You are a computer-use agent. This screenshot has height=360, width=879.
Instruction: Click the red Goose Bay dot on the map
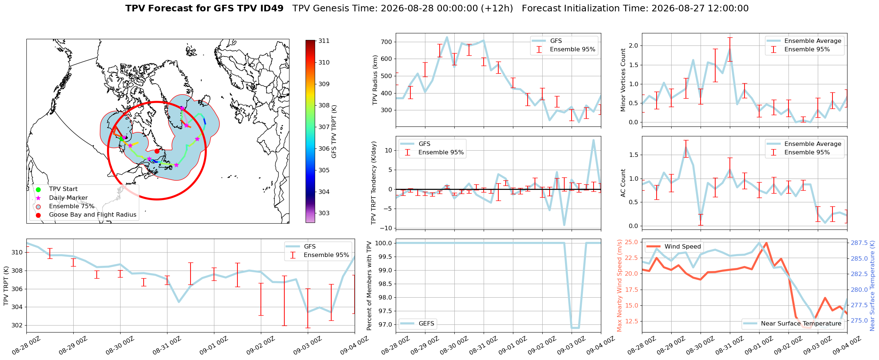[x=157, y=151]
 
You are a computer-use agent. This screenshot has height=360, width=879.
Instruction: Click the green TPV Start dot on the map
[x=121, y=139]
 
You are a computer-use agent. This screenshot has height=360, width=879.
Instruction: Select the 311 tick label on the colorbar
[x=324, y=41]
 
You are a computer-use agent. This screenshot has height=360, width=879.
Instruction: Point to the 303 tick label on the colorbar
[x=324, y=213]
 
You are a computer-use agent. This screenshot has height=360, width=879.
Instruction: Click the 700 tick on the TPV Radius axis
[x=387, y=42]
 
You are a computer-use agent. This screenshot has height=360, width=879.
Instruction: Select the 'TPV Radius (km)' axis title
[x=375, y=80]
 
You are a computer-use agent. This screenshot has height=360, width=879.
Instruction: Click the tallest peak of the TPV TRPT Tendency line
[x=593, y=140]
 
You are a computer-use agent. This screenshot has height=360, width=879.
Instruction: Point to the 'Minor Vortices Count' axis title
[x=623, y=80]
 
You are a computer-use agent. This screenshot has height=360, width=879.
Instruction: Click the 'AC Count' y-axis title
[x=623, y=183]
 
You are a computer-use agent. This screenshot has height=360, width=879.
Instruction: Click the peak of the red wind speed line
[x=767, y=243]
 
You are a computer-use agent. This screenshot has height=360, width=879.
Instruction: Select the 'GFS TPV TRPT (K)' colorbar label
[x=334, y=132]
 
